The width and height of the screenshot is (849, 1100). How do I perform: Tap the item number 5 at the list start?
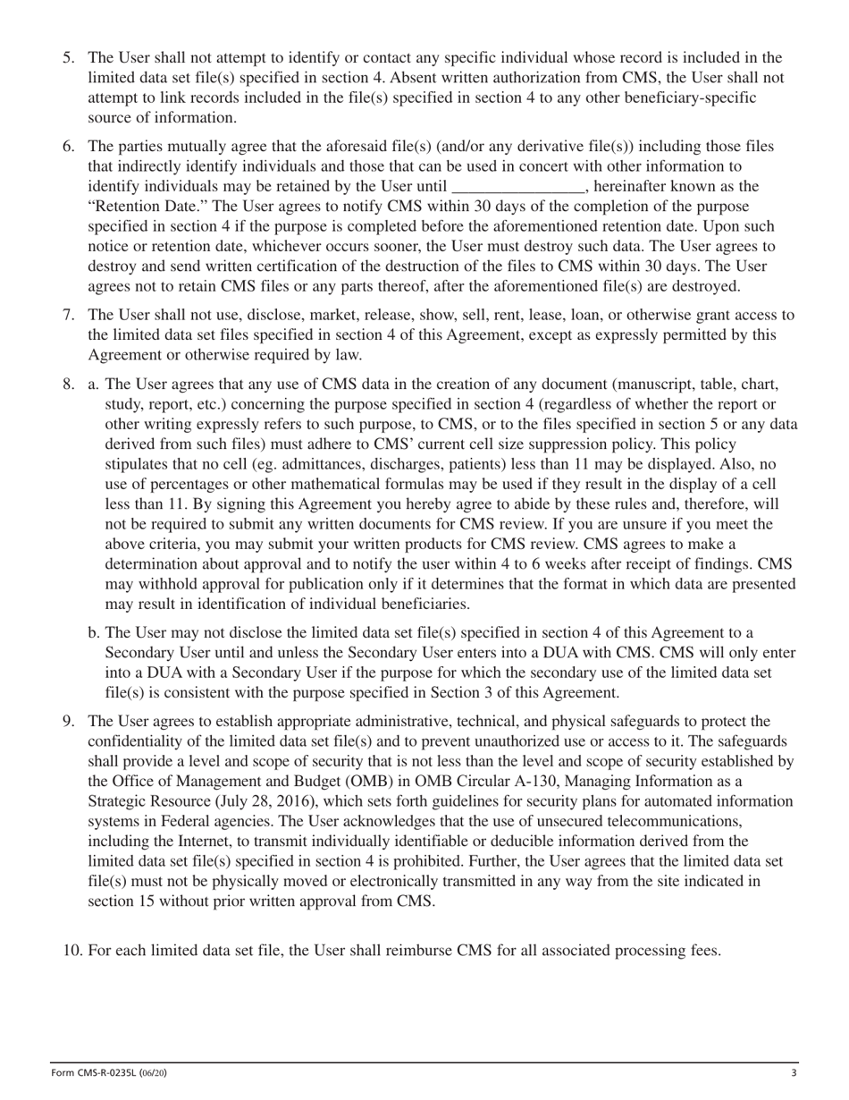[x=68, y=58]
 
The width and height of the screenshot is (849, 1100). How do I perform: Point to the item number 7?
[x=68, y=315]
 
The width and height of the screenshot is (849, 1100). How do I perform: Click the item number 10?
[x=71, y=950]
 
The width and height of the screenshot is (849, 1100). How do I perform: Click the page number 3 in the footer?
[x=794, y=1073]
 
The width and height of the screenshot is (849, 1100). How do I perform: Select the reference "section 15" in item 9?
[x=121, y=901]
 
